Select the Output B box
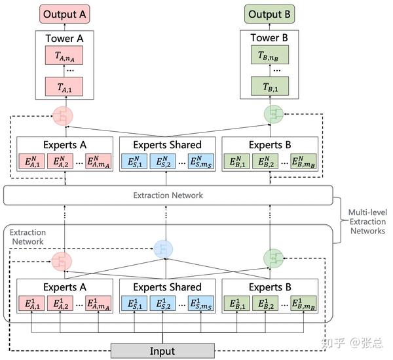click(x=271, y=14)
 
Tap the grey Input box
click(x=162, y=351)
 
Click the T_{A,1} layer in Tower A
click(x=64, y=86)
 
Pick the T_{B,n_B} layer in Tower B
click(x=271, y=55)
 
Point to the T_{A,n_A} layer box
click(x=64, y=55)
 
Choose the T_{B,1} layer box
click(x=271, y=86)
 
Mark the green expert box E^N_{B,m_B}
click(x=303, y=161)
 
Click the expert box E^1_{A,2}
click(x=60, y=304)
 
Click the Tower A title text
click(x=64, y=38)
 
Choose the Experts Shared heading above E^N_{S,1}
click(x=167, y=145)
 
